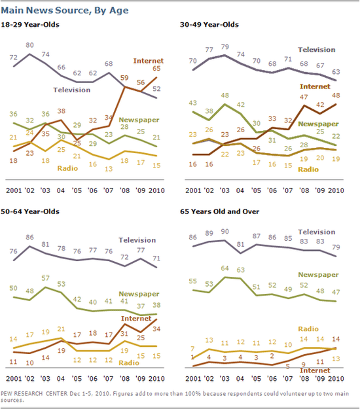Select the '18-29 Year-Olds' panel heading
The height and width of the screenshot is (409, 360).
37,25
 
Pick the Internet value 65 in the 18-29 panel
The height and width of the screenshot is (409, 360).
156,67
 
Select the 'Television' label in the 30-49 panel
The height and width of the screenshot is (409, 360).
316,49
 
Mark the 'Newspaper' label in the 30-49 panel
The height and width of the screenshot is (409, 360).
318,123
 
